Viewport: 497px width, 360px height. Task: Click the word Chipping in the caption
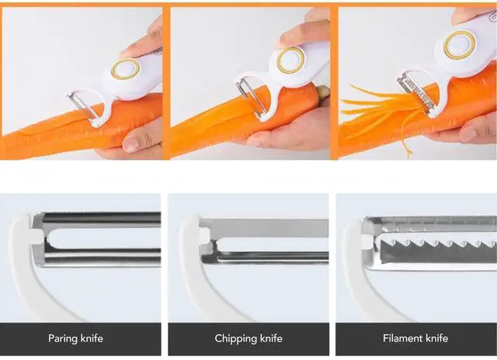[235, 338]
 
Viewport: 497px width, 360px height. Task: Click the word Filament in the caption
[404, 338]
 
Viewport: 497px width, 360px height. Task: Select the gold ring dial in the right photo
[460, 44]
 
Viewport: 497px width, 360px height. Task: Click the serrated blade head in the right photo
[411, 93]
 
